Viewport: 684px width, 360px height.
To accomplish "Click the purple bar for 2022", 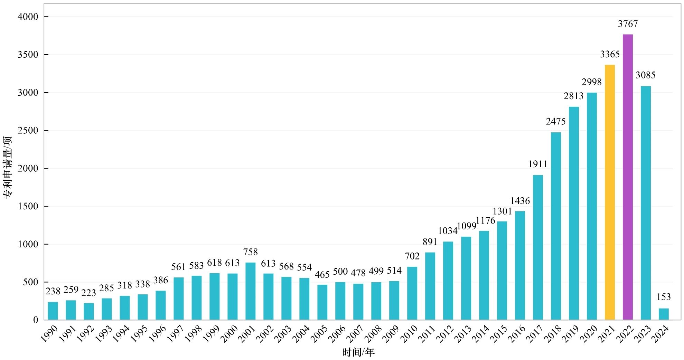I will pos(627,177).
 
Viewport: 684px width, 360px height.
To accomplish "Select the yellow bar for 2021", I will pos(609,192).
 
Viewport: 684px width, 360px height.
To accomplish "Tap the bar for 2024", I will pos(663,314).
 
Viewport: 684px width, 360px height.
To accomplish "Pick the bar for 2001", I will pos(250,291).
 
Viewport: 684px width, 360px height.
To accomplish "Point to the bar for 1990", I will pos(53,311).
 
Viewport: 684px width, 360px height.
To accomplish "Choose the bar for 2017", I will pos(537,247).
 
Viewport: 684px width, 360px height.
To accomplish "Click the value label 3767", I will pos(628,24).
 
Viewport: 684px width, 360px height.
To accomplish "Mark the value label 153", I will pos(663,297).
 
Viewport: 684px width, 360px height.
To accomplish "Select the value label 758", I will pos(250,252).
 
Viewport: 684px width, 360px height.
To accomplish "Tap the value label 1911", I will pos(537,164).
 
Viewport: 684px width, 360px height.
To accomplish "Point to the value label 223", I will pos(88,293).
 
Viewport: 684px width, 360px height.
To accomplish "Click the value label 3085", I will pos(645,75).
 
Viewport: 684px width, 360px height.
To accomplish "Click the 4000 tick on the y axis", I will pos(28,17).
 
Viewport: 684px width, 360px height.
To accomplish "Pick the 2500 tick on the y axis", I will pos(28,131).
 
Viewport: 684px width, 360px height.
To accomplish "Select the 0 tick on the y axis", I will pos(36,320).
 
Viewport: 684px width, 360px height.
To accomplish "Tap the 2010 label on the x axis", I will pos(409,334).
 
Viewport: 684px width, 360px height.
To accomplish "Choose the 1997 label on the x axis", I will pos(175,334).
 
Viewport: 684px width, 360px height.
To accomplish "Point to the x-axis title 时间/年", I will pos(358,352).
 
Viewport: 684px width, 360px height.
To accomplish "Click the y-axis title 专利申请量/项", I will pos(8,167).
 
